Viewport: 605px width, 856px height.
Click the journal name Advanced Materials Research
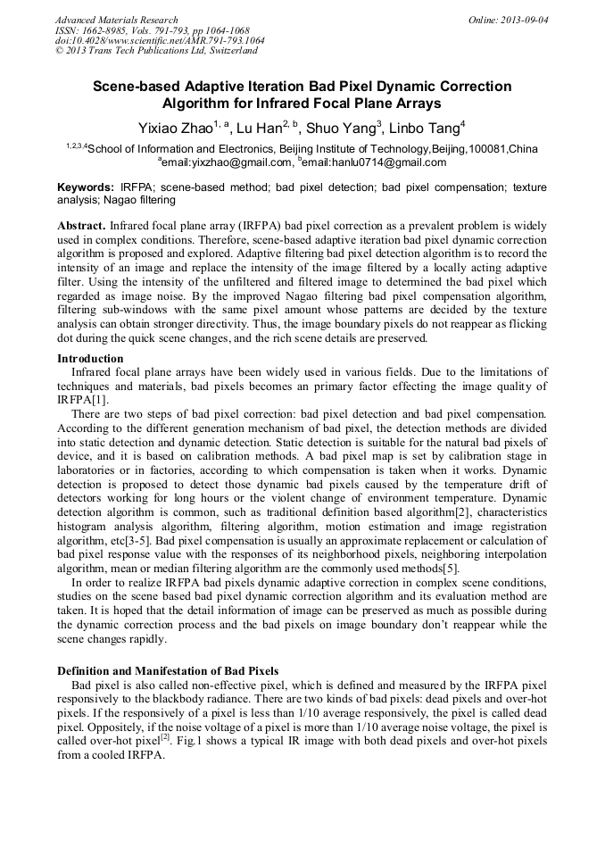(116, 20)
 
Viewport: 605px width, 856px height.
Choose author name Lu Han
(258, 127)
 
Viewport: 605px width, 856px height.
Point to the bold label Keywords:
(86, 188)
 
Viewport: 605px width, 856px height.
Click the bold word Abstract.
(81, 227)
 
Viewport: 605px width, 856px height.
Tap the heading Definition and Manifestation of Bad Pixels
(168, 670)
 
